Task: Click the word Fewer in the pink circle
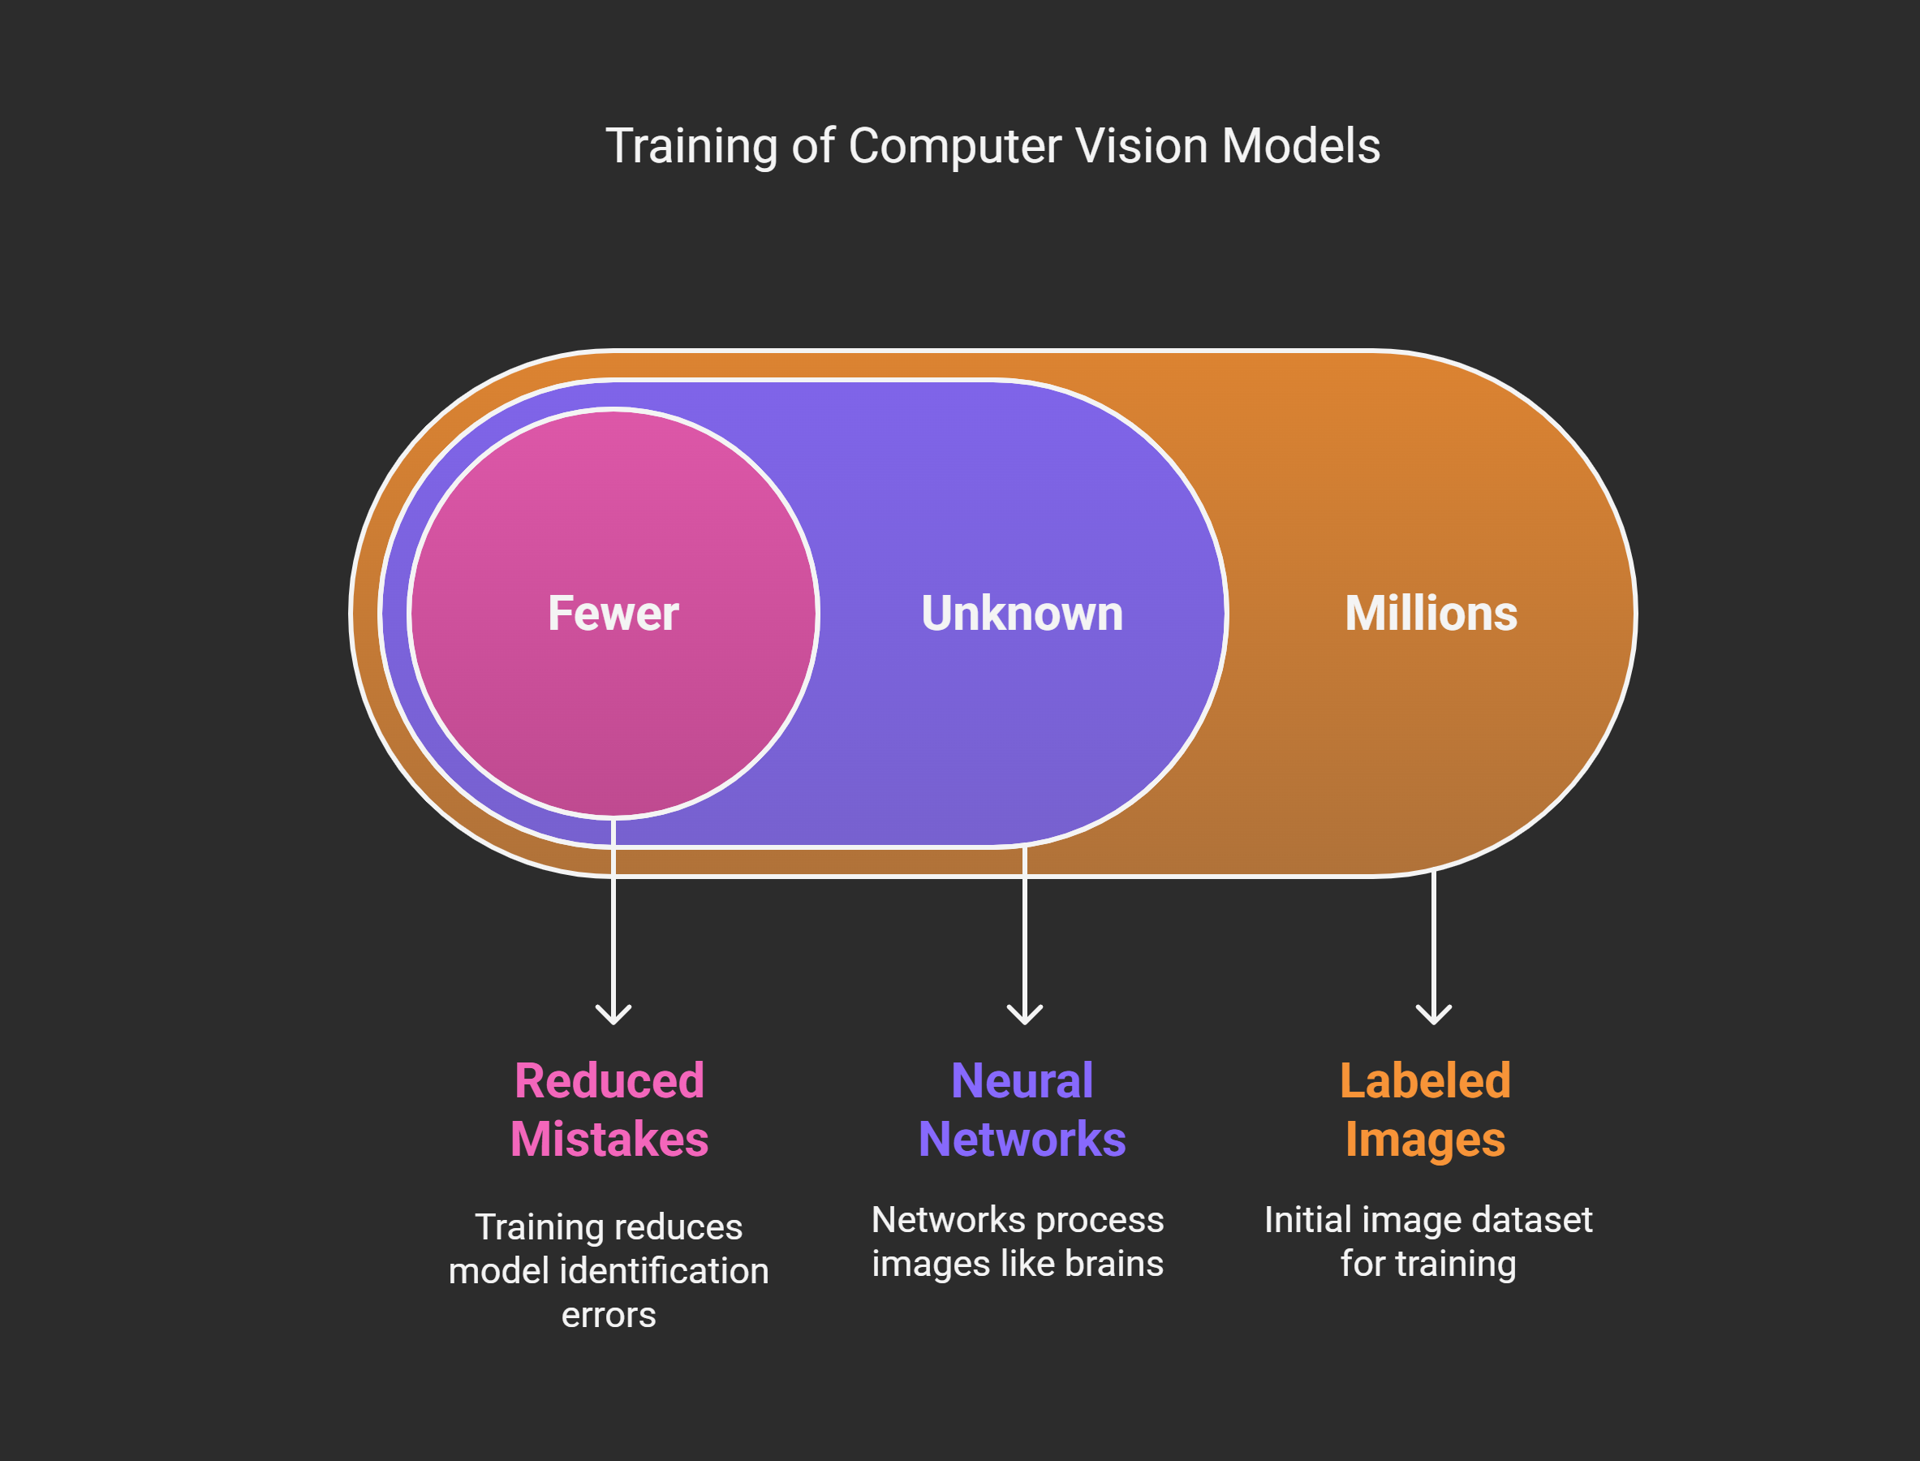[x=613, y=613]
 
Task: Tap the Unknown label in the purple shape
[x=1022, y=613]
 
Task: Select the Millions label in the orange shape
[x=1431, y=613]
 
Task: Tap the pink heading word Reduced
[x=609, y=1081]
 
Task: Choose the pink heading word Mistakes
[x=609, y=1140]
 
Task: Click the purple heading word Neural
[x=1022, y=1081]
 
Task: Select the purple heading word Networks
[x=1022, y=1140]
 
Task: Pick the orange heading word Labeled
[x=1425, y=1081]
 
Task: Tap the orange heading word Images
[x=1425, y=1140]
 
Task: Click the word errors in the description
[x=609, y=1315]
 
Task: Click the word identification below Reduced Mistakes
[x=665, y=1271]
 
